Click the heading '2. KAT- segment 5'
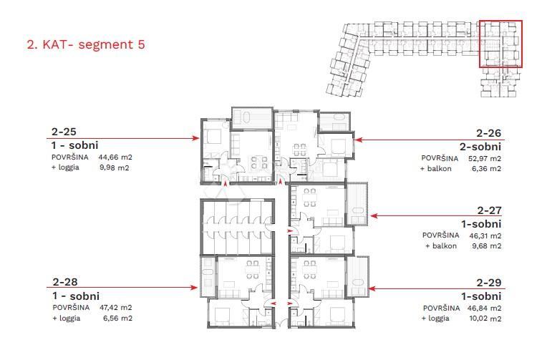(x=86, y=44)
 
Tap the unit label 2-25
(x=64, y=132)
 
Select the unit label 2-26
(x=488, y=133)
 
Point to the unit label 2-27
(x=489, y=210)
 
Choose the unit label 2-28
(x=65, y=282)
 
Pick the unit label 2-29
(x=489, y=283)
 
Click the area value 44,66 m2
(x=115, y=157)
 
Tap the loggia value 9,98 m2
(x=115, y=168)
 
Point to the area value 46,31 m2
(x=485, y=236)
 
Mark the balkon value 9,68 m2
(x=486, y=246)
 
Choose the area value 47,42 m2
(x=115, y=308)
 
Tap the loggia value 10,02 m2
(x=485, y=318)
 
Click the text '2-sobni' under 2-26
(x=480, y=147)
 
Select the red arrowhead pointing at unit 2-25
(x=195, y=138)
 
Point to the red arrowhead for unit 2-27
(x=374, y=215)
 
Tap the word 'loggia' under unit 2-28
(x=69, y=318)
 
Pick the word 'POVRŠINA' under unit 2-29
(x=440, y=308)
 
